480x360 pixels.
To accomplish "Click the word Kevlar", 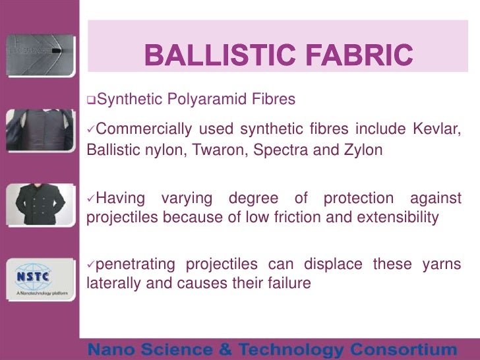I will [x=438, y=127].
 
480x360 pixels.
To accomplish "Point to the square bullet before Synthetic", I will [x=91, y=100].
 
